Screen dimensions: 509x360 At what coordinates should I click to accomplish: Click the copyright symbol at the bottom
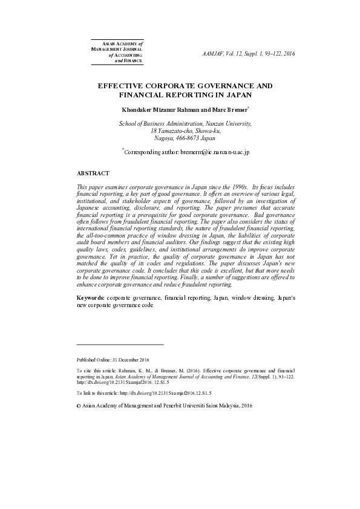click(79, 406)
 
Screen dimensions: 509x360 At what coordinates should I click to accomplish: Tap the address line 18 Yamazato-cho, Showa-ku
click(185, 131)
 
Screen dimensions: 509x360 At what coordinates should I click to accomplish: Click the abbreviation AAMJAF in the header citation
click(212, 54)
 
